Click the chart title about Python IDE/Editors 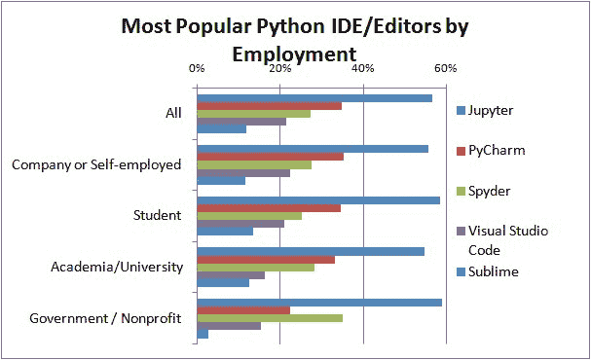click(x=293, y=38)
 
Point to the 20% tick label click(x=279, y=68)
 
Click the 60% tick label click(x=445, y=68)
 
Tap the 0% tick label click(x=196, y=68)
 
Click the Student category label click(x=157, y=215)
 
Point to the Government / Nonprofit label click(x=106, y=318)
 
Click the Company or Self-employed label click(x=96, y=163)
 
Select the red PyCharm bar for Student click(x=269, y=208)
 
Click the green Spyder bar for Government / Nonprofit click(x=270, y=318)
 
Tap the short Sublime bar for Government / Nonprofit click(x=203, y=335)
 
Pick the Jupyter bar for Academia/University click(x=311, y=251)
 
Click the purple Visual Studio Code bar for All click(x=241, y=121)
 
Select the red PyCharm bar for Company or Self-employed click(x=270, y=157)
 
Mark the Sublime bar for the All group click(x=221, y=129)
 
